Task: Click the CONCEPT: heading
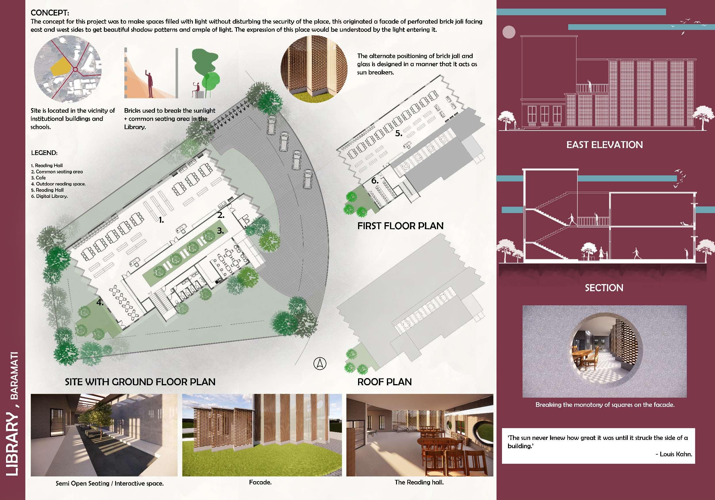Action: (x=50, y=13)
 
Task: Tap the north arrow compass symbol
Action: (x=320, y=363)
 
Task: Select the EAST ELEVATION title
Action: (x=604, y=145)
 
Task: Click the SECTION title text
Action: (x=604, y=288)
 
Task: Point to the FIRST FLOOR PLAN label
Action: (x=400, y=226)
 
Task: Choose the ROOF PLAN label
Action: (x=384, y=382)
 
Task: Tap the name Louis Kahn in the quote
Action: (x=676, y=454)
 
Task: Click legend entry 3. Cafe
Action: (x=39, y=178)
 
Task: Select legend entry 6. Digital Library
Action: (x=50, y=196)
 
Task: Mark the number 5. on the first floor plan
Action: (x=399, y=133)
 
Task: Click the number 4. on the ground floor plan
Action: (x=100, y=302)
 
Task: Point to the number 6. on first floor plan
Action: (x=375, y=181)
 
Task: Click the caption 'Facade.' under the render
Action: (x=260, y=482)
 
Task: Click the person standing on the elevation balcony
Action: (x=589, y=86)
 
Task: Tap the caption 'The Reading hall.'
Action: (x=419, y=482)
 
